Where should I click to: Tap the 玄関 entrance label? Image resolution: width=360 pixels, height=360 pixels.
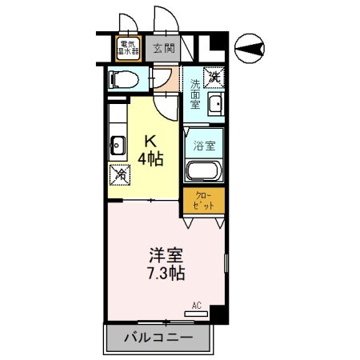(x=163, y=49)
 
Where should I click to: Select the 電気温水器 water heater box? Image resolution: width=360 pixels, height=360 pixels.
(x=128, y=48)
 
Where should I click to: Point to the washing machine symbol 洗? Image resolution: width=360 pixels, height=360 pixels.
(x=214, y=77)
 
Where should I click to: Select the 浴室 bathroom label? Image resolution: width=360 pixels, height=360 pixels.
(x=205, y=146)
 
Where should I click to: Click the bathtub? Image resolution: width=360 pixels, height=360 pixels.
(x=205, y=171)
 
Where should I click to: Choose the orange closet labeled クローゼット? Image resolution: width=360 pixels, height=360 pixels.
(x=205, y=201)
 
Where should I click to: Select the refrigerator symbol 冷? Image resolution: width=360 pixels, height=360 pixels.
(x=118, y=172)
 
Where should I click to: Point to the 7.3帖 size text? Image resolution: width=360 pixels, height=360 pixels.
(x=165, y=274)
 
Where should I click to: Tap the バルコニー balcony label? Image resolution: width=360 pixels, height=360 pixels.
(x=158, y=337)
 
